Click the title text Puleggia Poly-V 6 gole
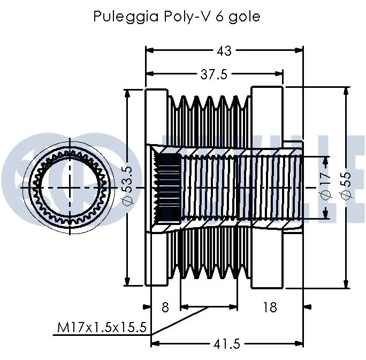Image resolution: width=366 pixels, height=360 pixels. pos(177,17)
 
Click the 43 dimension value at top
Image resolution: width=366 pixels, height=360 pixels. pos(224,50)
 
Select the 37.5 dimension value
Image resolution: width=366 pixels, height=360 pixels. pos(214,75)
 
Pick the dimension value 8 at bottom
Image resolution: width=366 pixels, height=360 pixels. pos(165,307)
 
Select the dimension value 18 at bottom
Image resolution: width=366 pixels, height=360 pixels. pos(270,307)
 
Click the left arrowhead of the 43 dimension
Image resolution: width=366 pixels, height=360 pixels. pos(150,50)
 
